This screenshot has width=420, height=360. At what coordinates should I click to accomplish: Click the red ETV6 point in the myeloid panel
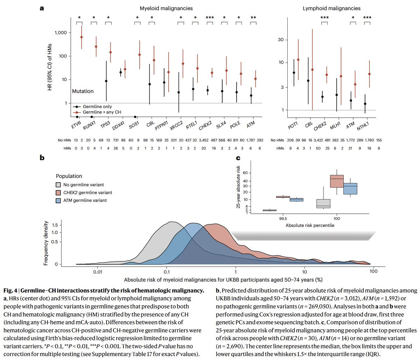pos(82,37)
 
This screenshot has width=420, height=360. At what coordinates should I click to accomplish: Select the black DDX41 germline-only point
pos(120,72)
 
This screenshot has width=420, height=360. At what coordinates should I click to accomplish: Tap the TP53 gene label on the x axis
pos(105,125)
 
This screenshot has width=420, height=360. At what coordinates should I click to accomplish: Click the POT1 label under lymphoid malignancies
pos(293,126)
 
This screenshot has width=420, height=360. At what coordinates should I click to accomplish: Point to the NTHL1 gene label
pos(363,126)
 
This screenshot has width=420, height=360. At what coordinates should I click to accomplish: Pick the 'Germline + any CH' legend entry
pos(97,112)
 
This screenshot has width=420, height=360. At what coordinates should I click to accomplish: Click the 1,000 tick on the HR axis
pos(61,33)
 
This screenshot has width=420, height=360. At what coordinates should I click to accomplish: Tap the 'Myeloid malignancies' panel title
pos(166,8)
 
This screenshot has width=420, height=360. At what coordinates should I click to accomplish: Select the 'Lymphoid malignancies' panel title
pos(331,8)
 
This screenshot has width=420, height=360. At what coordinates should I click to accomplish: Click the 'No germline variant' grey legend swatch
pos(58,185)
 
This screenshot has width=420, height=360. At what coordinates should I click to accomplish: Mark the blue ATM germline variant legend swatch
pos(58,200)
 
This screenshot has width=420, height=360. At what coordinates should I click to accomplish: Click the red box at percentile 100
pos(337,181)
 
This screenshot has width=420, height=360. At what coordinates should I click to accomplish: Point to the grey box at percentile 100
pos(323,204)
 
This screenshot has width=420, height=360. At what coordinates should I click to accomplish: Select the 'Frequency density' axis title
pos(46,243)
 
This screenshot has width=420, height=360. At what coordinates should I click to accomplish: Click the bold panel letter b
pos(42,158)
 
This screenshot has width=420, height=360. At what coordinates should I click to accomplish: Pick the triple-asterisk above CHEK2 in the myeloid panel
pos(210,17)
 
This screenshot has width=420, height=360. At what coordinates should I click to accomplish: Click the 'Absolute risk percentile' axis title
pos(310,225)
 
